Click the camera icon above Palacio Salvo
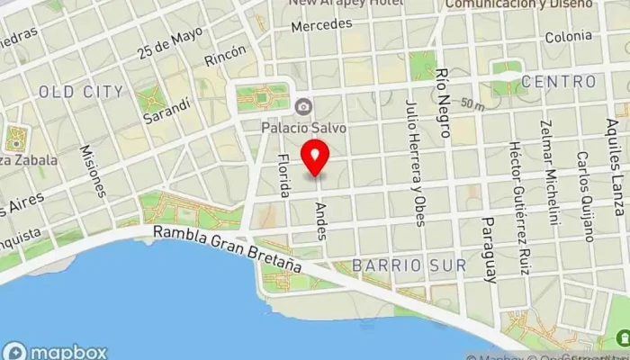click(304, 107)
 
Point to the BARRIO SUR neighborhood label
click(409, 265)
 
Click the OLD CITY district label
click(81, 92)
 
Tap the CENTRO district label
click(558, 82)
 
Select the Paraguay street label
click(489, 249)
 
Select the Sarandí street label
click(170, 109)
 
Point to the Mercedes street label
click(321, 24)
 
